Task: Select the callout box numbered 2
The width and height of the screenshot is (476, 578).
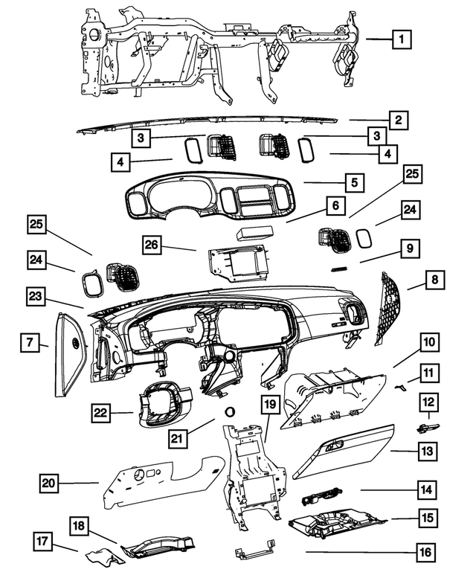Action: tap(399, 120)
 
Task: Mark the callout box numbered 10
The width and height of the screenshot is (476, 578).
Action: tap(428, 343)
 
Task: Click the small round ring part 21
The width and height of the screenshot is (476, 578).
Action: tap(229, 411)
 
